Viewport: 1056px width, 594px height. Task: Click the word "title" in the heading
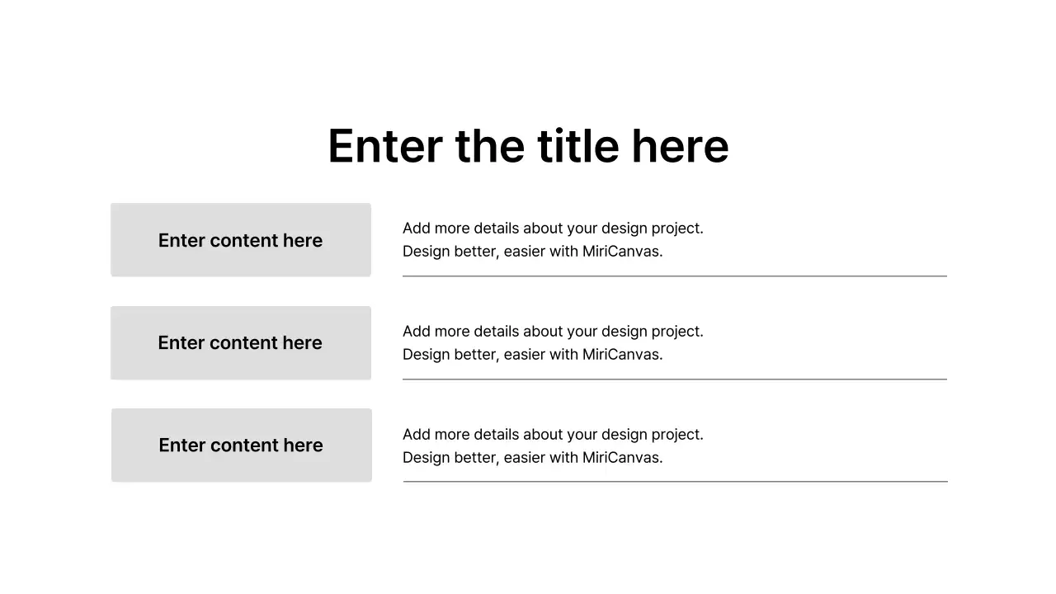577,146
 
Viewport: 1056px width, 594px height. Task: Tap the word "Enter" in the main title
384,146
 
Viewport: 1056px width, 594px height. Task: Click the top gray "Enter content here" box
241,240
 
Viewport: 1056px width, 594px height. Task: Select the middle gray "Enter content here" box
241,343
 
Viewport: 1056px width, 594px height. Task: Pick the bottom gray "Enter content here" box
242,445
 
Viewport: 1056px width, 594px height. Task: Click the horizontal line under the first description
675,276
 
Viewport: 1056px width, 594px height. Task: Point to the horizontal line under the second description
675,379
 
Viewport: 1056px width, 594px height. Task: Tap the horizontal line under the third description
676,482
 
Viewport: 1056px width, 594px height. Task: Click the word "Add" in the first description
417,229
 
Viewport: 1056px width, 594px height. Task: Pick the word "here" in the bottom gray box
303,445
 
